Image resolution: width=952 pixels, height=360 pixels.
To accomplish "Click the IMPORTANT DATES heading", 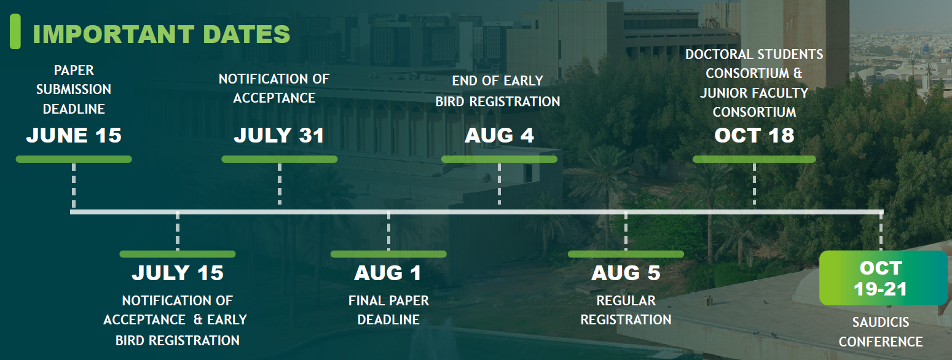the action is pos(162,34).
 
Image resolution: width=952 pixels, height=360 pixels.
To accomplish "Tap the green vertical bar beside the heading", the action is pos(15,31).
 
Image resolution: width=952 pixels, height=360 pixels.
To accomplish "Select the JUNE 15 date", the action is pos(74,135).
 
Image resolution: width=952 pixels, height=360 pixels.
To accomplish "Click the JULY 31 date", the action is pos(279,135).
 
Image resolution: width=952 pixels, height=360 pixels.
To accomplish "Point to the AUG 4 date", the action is pos(500,135).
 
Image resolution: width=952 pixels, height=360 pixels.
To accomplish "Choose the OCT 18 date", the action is pos(754,135).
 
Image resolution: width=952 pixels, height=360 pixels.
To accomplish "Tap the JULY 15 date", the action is pos(178,273).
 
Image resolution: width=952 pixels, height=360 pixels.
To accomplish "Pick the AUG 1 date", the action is pos(388,273).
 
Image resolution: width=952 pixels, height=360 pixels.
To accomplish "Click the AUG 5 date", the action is pos(626,273).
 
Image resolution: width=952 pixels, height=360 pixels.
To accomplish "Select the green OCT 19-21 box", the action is pos(883,278).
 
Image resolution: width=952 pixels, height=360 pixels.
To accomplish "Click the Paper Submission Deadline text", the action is pos(74,89).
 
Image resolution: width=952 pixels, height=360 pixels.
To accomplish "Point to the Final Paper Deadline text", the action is pos(388,310).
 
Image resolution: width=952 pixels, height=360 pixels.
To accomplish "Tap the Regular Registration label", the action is pos(626,310).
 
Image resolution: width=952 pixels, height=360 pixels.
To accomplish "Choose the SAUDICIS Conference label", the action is pos(881,332).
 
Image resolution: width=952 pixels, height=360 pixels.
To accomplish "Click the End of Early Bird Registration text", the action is pos(498,91).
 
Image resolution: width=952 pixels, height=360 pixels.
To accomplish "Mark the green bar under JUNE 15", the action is pos(74,159).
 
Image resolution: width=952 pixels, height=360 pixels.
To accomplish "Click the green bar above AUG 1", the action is pos(388,254).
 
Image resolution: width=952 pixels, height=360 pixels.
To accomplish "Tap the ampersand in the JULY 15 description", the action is pos(198,319).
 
